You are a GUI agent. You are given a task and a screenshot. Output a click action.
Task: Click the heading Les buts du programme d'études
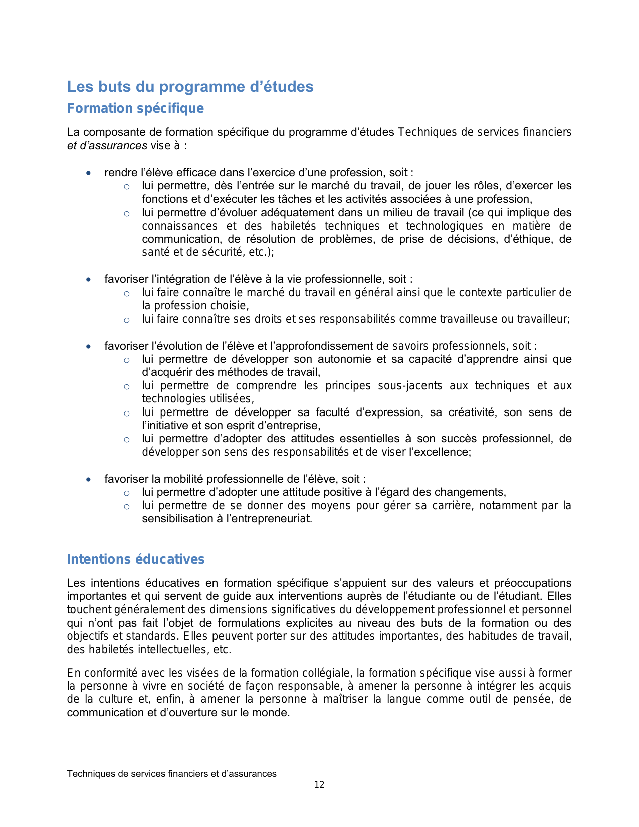[190, 87]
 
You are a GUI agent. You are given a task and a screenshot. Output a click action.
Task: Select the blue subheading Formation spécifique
[135, 108]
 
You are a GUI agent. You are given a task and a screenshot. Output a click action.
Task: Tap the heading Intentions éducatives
[136, 559]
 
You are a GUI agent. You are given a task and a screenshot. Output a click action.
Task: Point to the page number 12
[319, 785]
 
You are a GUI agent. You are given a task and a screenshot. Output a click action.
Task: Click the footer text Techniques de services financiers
[171, 774]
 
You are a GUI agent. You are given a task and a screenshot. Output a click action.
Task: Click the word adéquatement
[286, 213]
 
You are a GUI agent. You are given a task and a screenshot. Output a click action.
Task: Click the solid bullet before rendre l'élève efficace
[89, 173]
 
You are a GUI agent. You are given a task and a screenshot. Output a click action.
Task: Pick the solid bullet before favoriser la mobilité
[89, 480]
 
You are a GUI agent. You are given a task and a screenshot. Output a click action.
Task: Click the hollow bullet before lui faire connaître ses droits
[127, 320]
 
